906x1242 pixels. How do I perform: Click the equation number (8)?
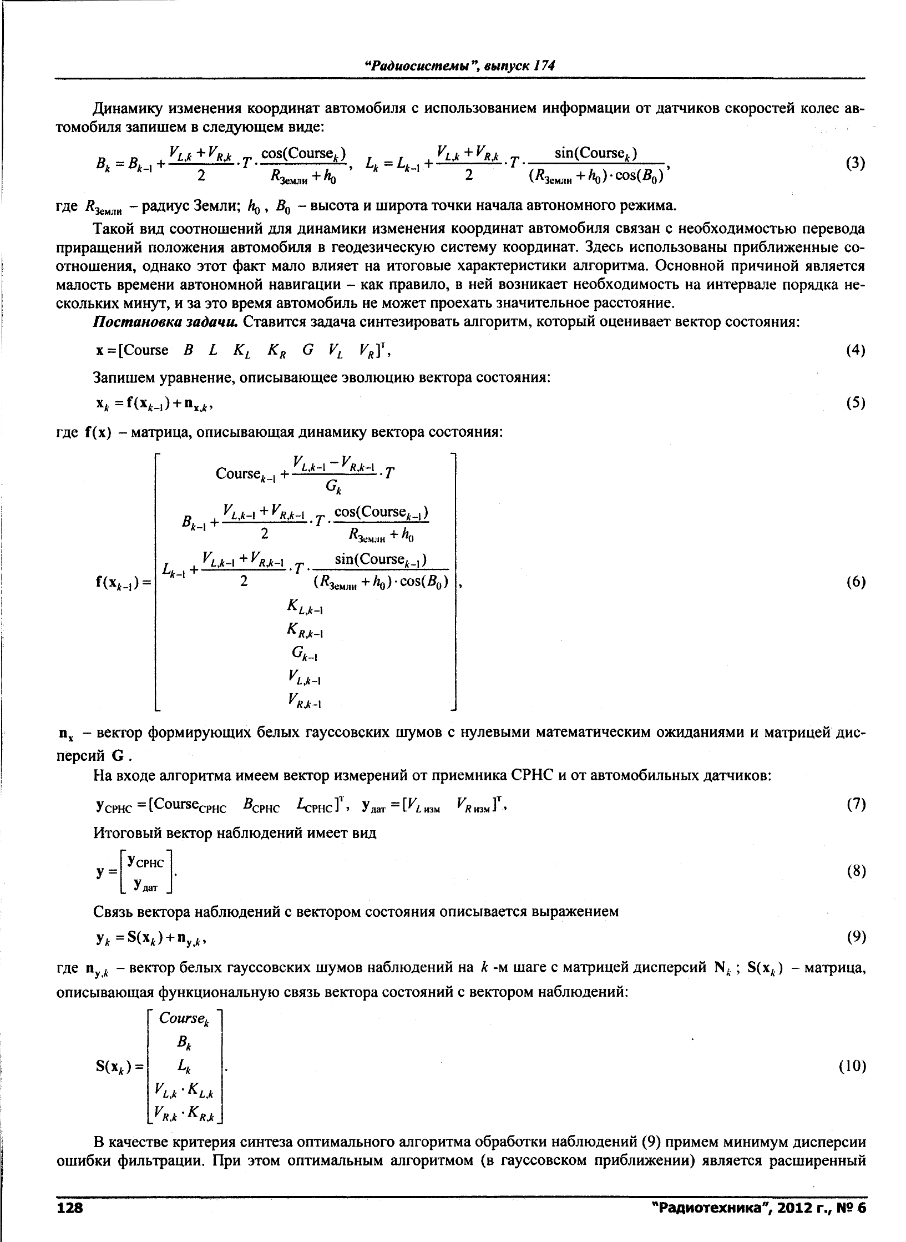[x=856, y=871]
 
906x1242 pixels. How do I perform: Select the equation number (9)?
[x=856, y=937]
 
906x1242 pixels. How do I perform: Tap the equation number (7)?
[x=856, y=804]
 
